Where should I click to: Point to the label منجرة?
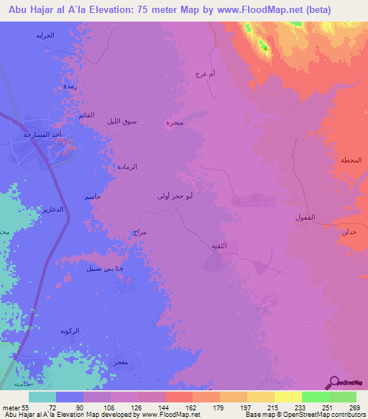[x=175, y=122]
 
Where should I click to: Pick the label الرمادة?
[x=127, y=167]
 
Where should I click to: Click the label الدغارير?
[x=50, y=209]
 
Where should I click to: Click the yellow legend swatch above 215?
[x=260, y=397]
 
